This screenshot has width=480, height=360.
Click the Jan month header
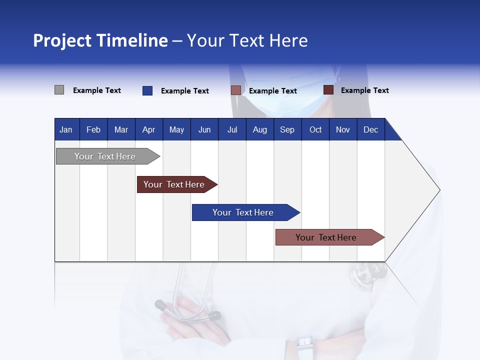[66, 129]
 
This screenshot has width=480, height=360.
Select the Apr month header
[148, 129]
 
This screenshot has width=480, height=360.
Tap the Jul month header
[232, 129]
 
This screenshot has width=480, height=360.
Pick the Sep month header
[287, 129]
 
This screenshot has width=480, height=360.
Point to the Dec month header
[370, 129]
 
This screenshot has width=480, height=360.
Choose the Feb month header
[93, 129]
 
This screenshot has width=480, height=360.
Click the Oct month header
[315, 129]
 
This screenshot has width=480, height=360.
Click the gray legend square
[59, 90]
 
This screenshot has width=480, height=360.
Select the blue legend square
[147, 90]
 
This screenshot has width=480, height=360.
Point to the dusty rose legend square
[236, 90]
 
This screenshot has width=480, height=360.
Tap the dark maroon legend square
[328, 90]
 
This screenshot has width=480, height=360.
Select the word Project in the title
[62, 40]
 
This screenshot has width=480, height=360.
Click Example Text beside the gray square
[97, 90]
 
